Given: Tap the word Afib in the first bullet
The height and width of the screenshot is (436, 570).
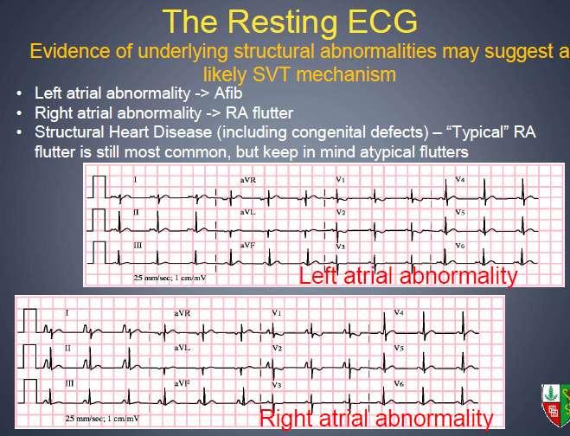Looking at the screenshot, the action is [x=228, y=93].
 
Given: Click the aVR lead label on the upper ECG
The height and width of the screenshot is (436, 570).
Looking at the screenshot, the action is [x=248, y=179].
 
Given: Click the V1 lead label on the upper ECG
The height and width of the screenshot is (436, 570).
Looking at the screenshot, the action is [x=340, y=179].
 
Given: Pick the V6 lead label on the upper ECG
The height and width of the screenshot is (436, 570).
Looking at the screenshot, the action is [x=460, y=246].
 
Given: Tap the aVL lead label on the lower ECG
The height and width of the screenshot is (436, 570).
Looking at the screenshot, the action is [x=183, y=348].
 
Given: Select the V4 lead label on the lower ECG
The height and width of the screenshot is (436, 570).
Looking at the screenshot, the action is [x=399, y=312].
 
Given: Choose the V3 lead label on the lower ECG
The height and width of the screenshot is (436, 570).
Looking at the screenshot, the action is [x=277, y=384].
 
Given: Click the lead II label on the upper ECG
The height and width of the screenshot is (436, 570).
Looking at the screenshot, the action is [x=136, y=212].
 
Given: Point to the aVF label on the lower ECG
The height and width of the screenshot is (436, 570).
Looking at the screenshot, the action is [x=183, y=383].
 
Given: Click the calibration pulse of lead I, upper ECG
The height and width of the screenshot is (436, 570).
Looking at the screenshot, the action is [x=99, y=176].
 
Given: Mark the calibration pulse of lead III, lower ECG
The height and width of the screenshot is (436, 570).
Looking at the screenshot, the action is [x=30, y=380].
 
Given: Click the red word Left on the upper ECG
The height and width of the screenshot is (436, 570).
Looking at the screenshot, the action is [x=318, y=275].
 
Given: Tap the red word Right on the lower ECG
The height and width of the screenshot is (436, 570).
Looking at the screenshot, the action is [x=287, y=418].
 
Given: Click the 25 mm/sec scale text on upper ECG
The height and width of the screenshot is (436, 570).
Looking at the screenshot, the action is [x=170, y=279].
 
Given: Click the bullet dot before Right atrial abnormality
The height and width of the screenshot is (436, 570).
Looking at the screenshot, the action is [x=19, y=113].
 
